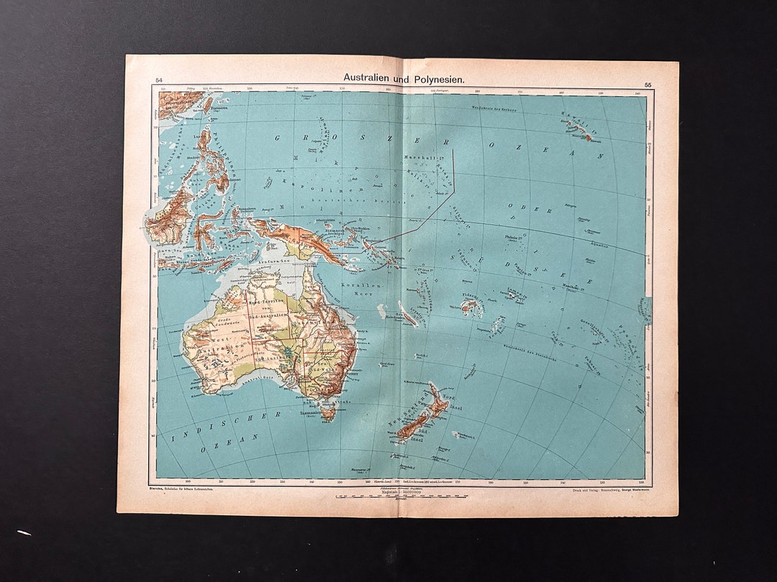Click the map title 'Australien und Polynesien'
(403, 77)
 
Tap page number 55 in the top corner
(647, 86)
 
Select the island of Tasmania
(329, 411)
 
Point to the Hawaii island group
(579, 129)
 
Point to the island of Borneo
(170, 216)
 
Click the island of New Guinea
(302, 241)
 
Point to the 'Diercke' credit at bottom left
(157, 489)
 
